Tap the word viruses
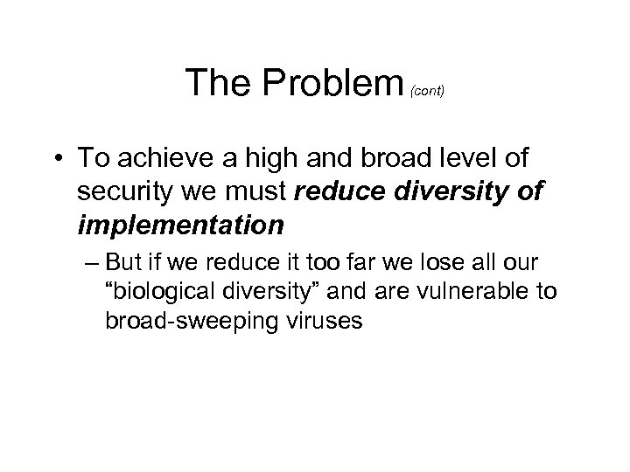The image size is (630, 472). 297,320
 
